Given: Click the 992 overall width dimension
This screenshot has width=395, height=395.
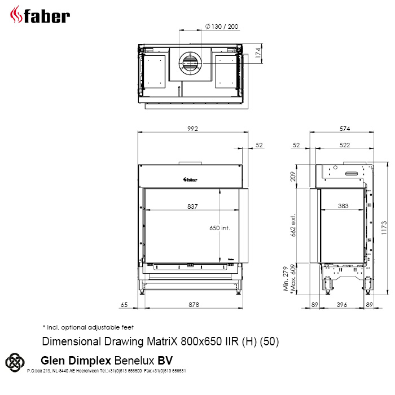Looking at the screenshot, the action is [193, 129].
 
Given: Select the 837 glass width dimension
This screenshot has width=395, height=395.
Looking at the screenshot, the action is [192, 207].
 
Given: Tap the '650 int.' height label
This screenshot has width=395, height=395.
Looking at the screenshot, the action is [220, 228].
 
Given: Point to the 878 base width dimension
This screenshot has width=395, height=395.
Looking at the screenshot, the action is [194, 305].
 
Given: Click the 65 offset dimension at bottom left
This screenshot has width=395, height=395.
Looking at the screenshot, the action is [124, 305].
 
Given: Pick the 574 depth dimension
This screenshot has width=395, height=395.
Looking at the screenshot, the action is [345, 129].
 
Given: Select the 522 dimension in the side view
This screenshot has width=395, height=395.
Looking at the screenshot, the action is [345, 145].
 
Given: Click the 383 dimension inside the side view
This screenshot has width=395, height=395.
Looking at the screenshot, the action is [343, 206].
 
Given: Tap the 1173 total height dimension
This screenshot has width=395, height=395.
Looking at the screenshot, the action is [384, 228].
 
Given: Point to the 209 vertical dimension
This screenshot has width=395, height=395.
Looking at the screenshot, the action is [293, 176].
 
